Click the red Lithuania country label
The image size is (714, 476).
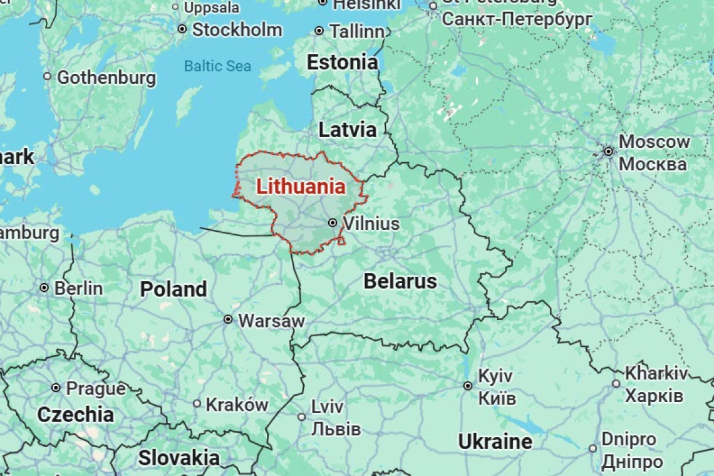[301, 187]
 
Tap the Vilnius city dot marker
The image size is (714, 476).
[333, 222]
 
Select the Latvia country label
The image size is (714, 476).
[348, 130]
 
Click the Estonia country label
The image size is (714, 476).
[342, 63]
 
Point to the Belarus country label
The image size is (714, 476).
[400, 281]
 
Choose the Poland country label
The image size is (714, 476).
[173, 289]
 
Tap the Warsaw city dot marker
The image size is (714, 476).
[228, 319]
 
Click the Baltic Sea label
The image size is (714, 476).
[217, 66]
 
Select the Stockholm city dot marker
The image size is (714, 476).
[182, 29]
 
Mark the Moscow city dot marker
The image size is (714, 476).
[608, 151]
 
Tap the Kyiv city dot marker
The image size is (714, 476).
[467, 386]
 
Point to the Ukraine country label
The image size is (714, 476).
[495, 442]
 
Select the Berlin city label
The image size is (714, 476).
[78, 288]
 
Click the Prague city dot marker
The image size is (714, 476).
[56, 388]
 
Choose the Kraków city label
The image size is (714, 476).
[237, 405]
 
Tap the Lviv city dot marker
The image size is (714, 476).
[301, 416]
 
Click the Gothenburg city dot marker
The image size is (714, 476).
[47, 76]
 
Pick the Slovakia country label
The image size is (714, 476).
[178, 458]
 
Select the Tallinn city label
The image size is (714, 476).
[356, 31]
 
